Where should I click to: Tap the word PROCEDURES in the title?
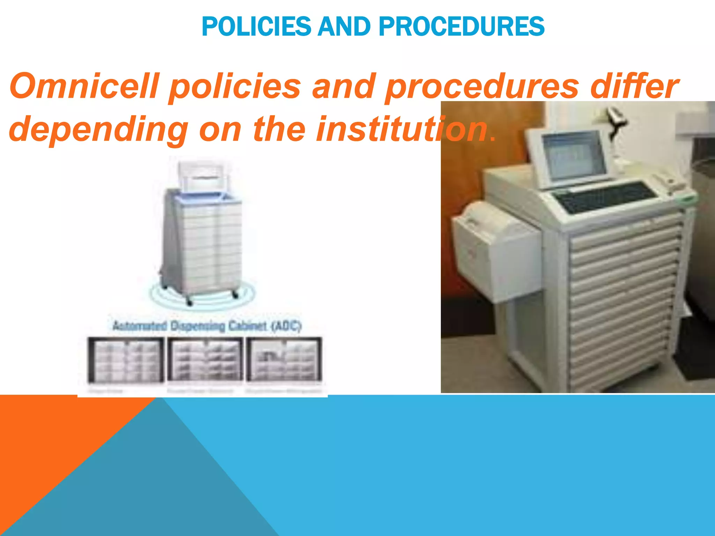[x=461, y=27]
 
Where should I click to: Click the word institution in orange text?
[x=401, y=129]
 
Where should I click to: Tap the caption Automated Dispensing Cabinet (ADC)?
[x=207, y=326]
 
